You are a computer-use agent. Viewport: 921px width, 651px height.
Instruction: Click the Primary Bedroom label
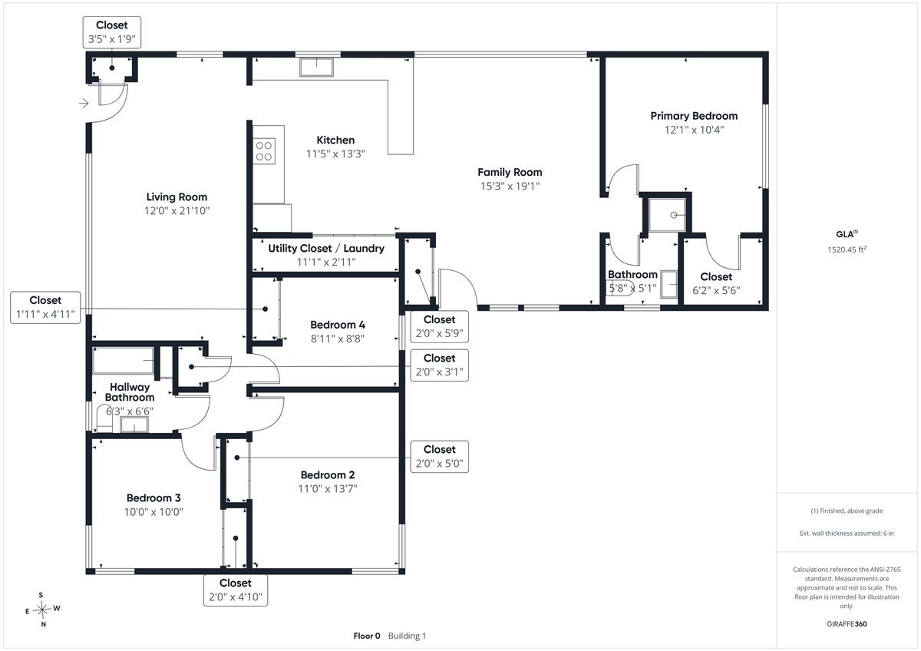694,116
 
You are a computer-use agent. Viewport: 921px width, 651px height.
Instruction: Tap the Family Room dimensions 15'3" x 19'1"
510,187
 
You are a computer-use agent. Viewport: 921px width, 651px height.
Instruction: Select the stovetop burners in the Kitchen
264,151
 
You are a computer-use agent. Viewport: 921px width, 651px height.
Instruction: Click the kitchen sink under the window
316,67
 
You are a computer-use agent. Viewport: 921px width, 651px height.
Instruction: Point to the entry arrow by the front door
84,103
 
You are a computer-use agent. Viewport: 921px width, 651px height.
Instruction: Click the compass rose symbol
42,610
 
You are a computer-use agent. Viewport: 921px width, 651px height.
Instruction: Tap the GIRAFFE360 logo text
847,624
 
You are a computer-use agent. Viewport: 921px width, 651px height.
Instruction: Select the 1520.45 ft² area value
847,249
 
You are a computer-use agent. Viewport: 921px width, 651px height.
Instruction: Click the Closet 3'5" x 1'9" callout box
112,32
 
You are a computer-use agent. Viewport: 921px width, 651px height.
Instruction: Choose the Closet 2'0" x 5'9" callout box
439,326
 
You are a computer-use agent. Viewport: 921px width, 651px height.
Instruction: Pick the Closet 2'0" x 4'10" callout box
235,590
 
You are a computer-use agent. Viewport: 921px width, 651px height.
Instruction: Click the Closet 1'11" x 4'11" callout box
45,308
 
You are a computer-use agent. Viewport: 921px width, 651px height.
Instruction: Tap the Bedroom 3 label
153,498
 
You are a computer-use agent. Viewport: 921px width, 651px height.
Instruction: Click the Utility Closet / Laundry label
326,249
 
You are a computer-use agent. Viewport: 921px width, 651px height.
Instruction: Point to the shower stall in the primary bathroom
667,215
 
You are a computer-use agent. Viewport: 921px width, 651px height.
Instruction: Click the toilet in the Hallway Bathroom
104,418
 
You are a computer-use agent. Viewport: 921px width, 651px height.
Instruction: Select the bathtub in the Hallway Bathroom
123,361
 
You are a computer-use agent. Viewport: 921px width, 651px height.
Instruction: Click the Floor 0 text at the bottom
367,636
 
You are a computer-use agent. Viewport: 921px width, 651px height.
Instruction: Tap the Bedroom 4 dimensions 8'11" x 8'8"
338,339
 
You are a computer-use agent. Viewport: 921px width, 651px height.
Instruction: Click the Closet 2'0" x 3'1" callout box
439,365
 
